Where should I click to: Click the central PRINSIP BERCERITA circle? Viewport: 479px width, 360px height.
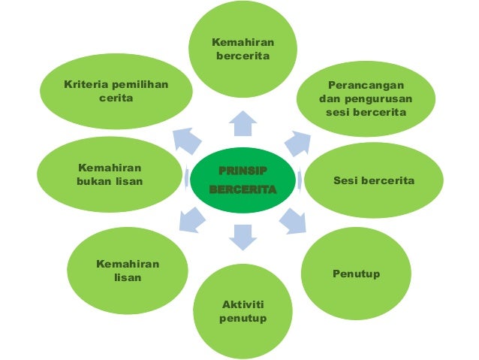point(242,180)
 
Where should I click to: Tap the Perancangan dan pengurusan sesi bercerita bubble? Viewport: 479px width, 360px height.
point(365,98)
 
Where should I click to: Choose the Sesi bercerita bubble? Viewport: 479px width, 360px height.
point(373,182)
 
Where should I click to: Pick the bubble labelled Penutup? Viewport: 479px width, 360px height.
point(356,274)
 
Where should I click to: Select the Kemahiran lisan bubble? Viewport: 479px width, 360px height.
point(128,271)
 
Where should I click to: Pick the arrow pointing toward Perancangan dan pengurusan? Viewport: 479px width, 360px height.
point(296,141)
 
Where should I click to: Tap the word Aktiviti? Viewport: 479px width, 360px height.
point(243,304)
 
